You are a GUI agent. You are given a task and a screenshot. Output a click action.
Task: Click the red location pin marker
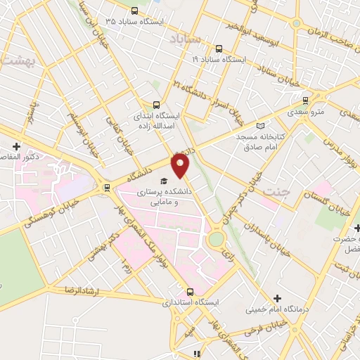(181, 166)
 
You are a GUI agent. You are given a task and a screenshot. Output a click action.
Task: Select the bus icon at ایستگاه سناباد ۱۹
(219, 49)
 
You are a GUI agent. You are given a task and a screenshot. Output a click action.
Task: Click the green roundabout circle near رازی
(216, 240)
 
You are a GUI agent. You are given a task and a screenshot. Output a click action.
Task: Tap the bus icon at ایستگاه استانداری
(189, 291)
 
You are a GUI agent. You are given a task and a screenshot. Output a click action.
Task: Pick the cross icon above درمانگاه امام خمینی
(276, 299)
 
